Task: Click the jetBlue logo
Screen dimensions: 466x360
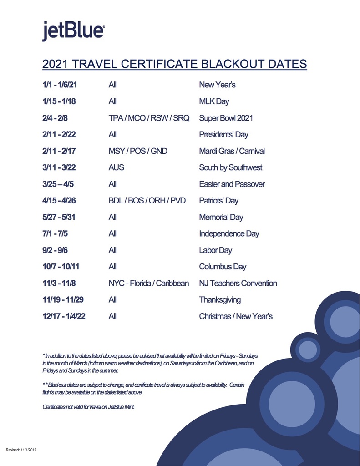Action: coord(74,30)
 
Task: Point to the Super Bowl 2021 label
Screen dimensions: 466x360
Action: coord(226,118)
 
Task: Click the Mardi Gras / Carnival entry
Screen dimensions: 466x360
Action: coord(232,151)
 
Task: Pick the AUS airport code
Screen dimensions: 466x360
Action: coord(116,167)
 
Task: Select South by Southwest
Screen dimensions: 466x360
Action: coord(230,167)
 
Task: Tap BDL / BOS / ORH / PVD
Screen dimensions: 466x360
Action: coord(147,201)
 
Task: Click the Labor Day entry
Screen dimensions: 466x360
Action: coord(215,250)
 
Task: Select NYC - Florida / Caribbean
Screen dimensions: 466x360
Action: coord(148,284)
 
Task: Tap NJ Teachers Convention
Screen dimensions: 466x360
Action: coord(238,284)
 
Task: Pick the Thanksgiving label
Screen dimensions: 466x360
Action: coord(220,300)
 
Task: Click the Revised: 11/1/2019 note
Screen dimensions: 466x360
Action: coord(21,450)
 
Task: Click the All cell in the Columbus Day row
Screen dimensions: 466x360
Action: coord(112,267)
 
